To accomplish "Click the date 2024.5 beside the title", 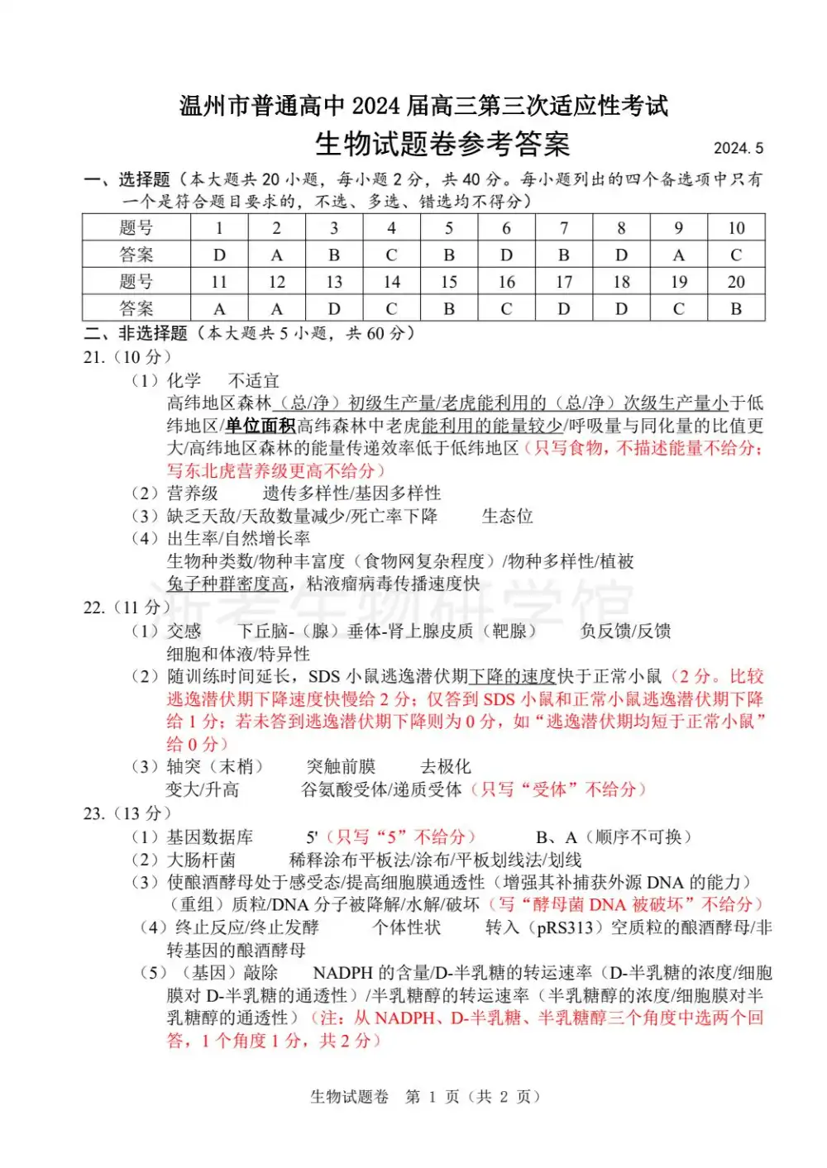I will pos(738,149).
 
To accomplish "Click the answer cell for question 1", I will pos(219,255).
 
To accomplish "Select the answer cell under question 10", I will pos(736,255).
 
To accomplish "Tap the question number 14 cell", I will pos(391,282).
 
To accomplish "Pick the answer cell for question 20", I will pos(736,309).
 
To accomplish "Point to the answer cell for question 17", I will pos(564,309).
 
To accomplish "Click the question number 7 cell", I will pos(564,228).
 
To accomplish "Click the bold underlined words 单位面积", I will pos(260,426).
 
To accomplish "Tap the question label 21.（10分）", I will pos(127,357).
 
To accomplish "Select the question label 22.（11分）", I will pos(127,608).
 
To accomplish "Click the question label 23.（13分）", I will pos(127,813).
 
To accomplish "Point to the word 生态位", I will pos(507,517).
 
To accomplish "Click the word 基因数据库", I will pos(210,837).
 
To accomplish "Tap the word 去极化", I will pos(446,766).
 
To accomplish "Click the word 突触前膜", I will pos(341,766).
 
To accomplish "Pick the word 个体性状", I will pos(406,927).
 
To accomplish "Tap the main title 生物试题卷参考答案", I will pos(442,145).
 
